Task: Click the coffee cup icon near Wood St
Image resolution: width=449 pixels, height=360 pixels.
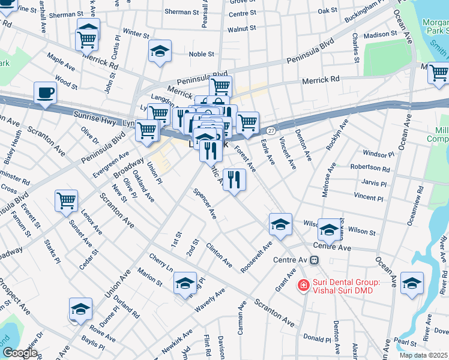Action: point(45,94)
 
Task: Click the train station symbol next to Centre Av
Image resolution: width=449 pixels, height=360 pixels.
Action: point(315,260)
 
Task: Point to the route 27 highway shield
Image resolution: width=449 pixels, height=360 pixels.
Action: point(271,130)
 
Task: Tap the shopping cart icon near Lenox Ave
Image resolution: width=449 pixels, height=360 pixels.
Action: point(66,200)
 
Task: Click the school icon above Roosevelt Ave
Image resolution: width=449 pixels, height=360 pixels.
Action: point(280,224)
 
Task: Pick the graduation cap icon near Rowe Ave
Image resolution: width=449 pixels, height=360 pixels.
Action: point(80,309)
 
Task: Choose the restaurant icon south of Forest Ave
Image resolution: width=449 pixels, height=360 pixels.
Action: point(234,179)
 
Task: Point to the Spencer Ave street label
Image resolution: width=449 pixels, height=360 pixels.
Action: point(205,204)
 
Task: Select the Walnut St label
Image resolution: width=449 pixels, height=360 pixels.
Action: point(242,28)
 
